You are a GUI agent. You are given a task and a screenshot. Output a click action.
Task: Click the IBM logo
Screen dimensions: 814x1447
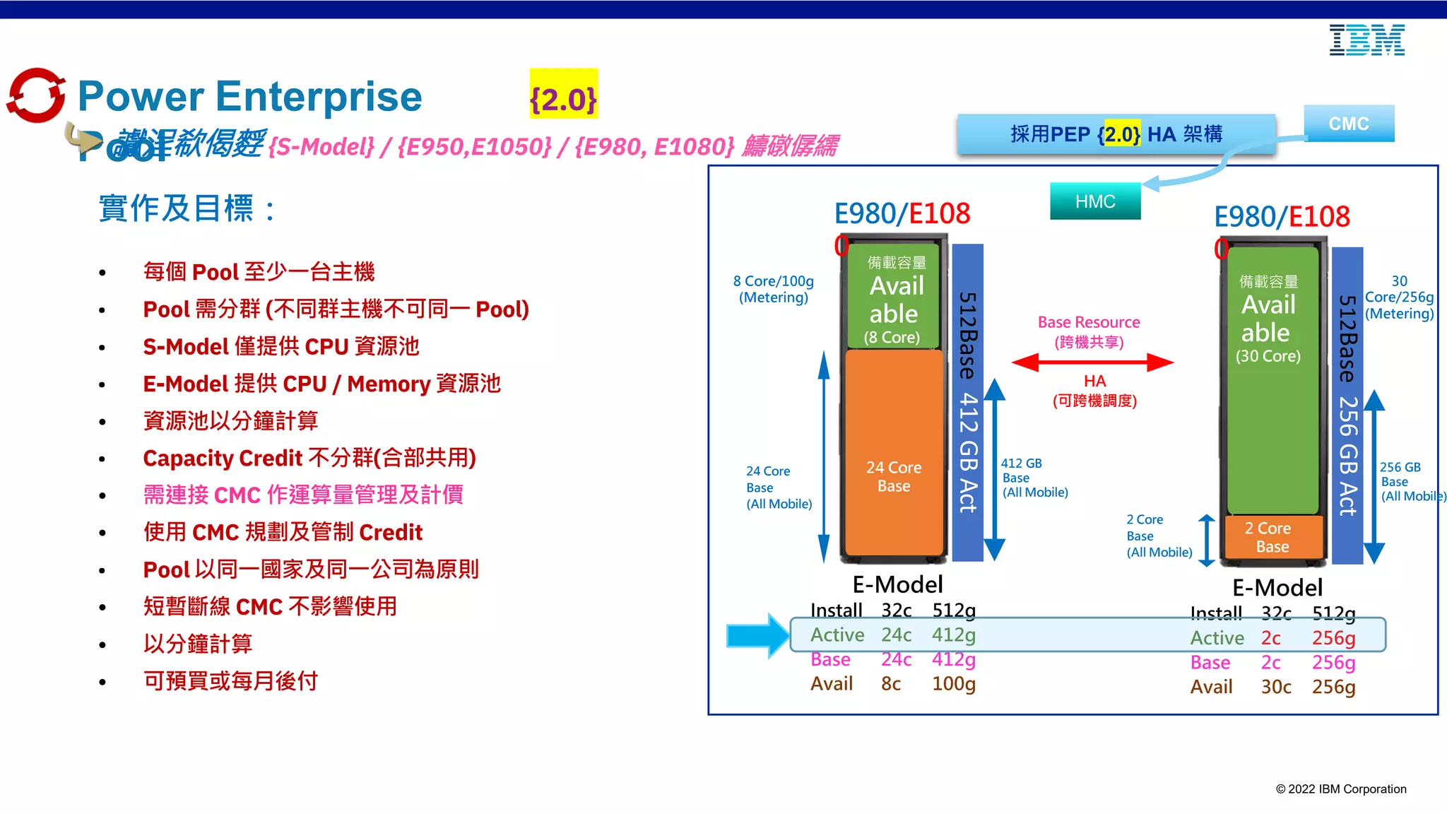tap(1366, 40)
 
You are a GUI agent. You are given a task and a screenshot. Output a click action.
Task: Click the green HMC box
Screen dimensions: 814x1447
tap(1094, 201)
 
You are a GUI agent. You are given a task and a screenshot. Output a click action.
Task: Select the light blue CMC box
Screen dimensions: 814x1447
tap(1348, 124)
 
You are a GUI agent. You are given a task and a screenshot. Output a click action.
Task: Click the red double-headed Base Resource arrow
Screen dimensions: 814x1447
tap(1092, 362)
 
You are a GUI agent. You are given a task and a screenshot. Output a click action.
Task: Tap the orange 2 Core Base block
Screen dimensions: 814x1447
tap(1272, 537)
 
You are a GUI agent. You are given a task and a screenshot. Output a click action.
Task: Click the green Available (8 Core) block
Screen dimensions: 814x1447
tap(894, 297)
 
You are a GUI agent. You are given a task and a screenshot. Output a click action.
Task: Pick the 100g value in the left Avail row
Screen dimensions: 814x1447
tap(953, 684)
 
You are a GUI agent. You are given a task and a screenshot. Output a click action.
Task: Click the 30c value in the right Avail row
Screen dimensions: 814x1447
tap(1276, 687)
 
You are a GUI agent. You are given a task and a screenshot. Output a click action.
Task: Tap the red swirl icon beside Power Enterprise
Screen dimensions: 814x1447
tap(35, 95)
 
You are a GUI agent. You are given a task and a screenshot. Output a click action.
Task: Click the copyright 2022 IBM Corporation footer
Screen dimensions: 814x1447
tap(1340, 789)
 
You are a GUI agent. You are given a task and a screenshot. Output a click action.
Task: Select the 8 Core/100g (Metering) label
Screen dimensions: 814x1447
tap(773, 289)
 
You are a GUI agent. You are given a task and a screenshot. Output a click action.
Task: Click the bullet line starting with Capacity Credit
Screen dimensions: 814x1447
tap(309, 458)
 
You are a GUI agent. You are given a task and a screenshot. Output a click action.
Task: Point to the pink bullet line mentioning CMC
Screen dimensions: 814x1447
tap(303, 495)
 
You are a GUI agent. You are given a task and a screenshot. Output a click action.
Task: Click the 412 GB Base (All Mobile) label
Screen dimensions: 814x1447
tap(1034, 478)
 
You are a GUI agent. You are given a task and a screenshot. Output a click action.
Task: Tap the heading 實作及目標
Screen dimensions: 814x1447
tap(187, 208)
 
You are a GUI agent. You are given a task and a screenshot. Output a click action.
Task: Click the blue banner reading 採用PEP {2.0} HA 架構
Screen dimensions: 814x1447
tap(1116, 134)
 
